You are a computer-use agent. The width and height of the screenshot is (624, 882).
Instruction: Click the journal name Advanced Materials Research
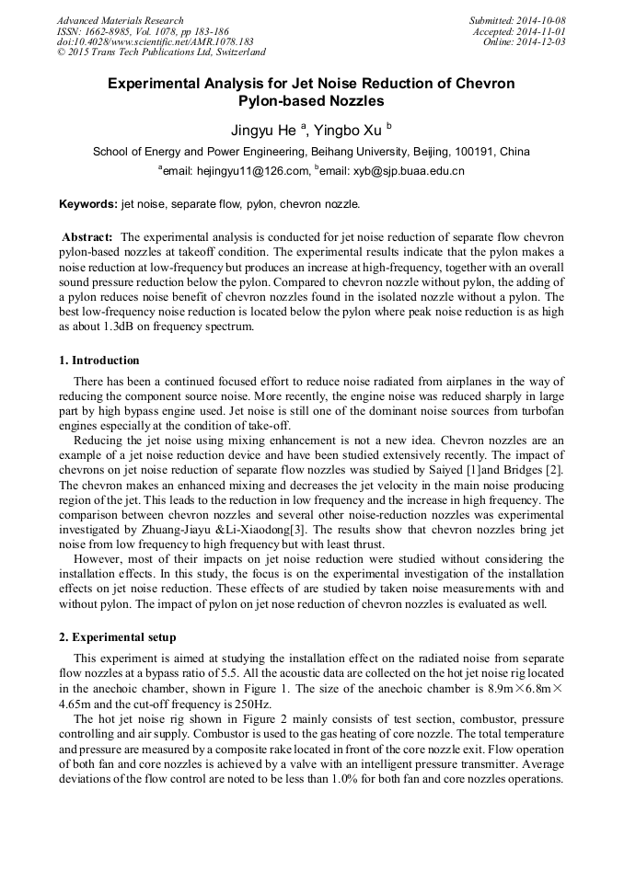pos(120,20)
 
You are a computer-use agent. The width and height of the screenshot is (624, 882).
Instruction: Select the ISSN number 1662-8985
pos(104,31)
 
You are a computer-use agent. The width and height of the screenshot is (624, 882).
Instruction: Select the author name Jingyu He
pos(263,130)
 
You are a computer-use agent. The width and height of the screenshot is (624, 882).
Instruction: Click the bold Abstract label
pos(87,237)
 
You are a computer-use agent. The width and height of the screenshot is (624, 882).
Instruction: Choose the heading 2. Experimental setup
pos(117,637)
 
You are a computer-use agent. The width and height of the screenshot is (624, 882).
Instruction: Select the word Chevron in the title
pos(477,84)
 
